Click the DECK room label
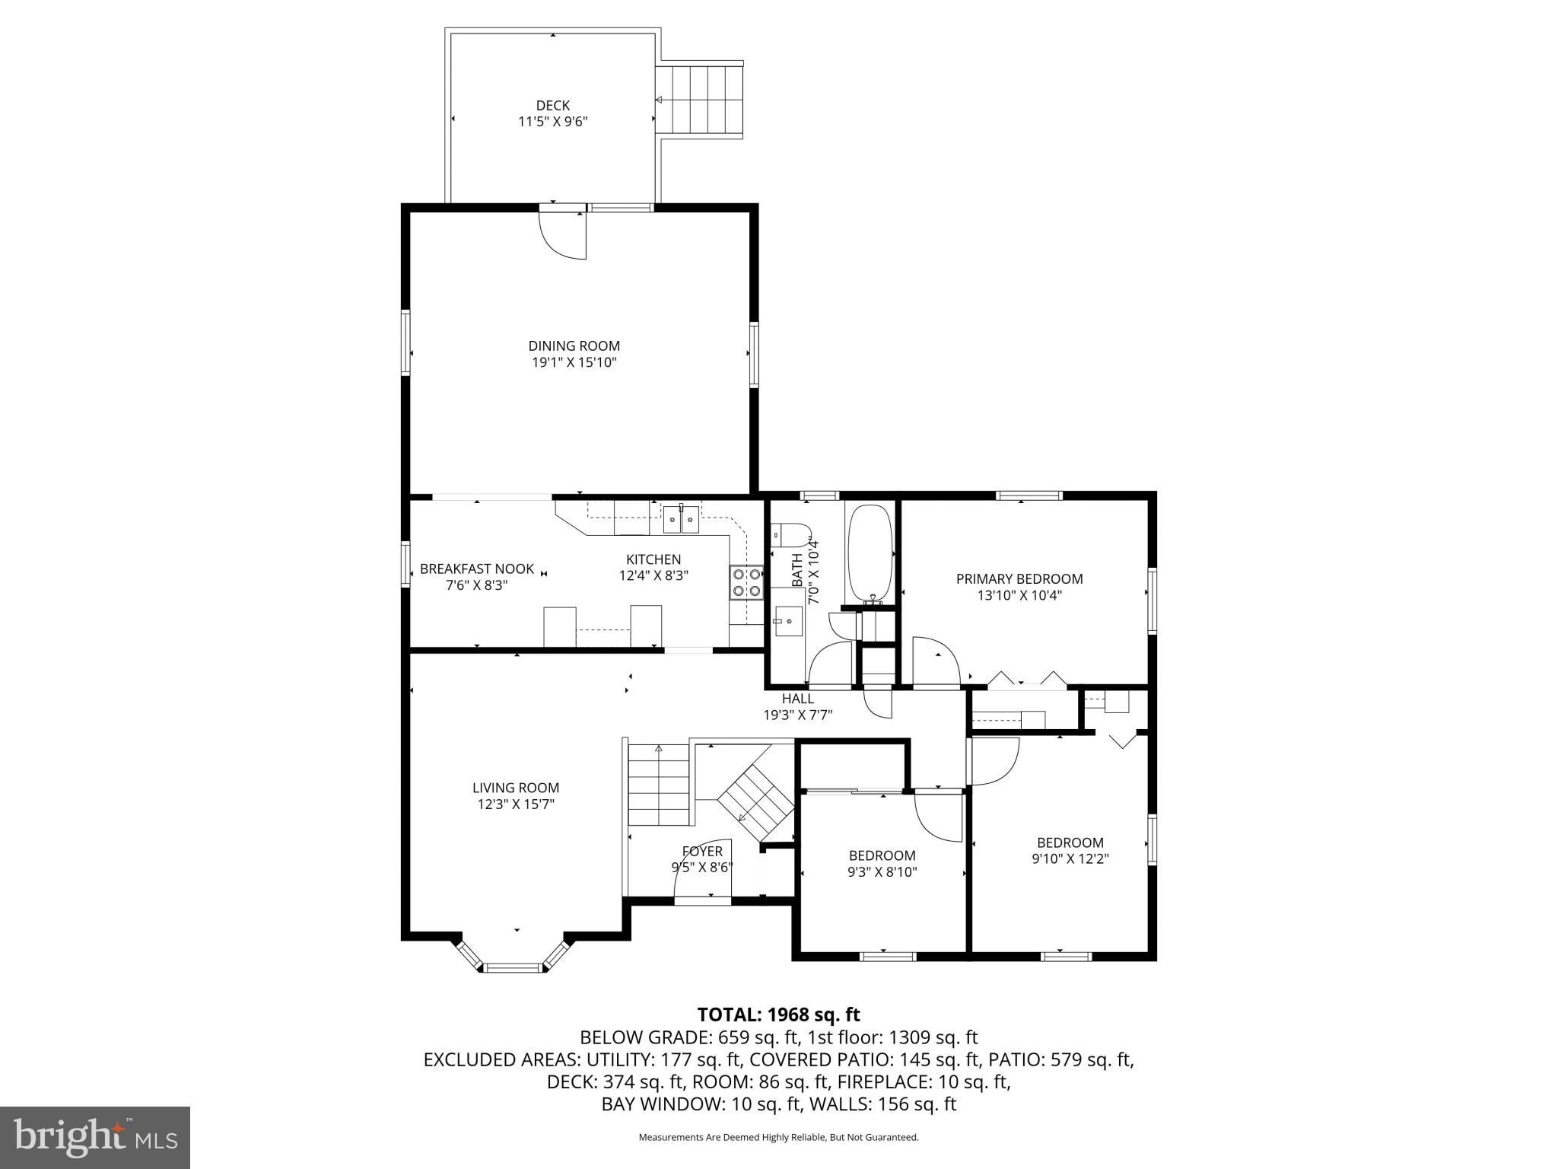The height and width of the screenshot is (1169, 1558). click(x=552, y=105)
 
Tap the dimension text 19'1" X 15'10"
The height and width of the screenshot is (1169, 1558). click(x=574, y=362)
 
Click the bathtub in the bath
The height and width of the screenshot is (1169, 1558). click(x=870, y=553)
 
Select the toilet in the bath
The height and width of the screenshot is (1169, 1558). click(x=791, y=535)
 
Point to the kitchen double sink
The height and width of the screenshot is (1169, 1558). click(x=681, y=521)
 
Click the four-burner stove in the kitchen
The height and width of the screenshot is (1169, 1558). click(x=746, y=582)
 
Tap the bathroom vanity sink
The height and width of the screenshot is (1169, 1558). click(x=788, y=622)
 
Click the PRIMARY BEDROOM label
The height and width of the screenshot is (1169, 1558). click(x=1019, y=579)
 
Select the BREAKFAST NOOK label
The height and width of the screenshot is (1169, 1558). click(x=477, y=569)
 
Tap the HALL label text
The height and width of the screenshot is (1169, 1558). click(x=797, y=699)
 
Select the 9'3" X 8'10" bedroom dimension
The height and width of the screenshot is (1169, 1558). click(x=882, y=872)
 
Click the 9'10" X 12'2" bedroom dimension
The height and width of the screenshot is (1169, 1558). click(x=1070, y=859)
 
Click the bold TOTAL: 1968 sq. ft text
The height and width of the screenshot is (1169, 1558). click(x=778, y=1015)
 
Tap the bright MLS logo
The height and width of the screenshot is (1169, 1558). click(x=94, y=1137)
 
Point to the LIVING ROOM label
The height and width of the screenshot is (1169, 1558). click(x=516, y=788)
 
